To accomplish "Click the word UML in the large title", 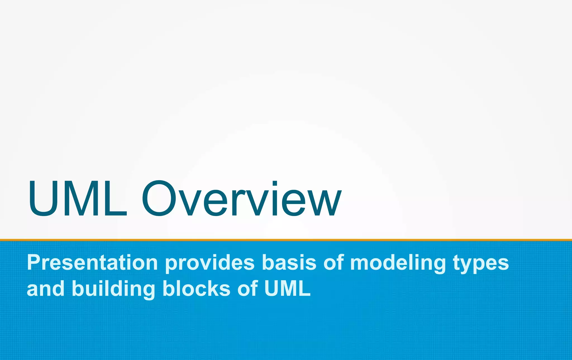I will (78, 199).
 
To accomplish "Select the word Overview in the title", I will (242, 199).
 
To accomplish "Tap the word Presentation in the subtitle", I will (92, 263).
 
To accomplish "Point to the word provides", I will (210, 263).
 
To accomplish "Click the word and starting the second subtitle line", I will (46, 289).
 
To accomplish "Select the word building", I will (113, 289).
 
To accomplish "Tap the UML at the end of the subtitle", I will (287, 289).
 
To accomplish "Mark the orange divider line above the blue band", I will (286, 240).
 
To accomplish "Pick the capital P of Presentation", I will (34, 263).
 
